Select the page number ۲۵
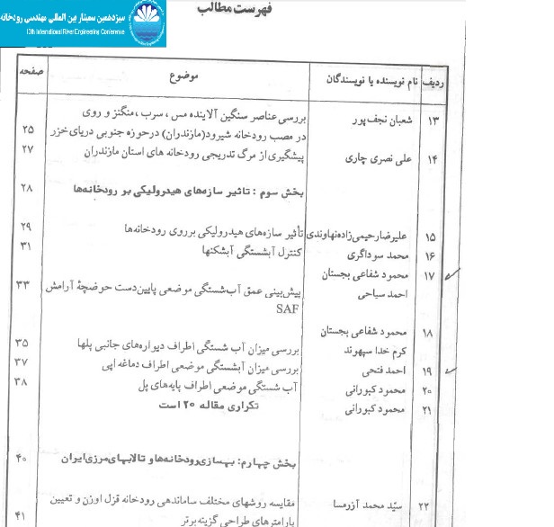pos(27,128)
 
